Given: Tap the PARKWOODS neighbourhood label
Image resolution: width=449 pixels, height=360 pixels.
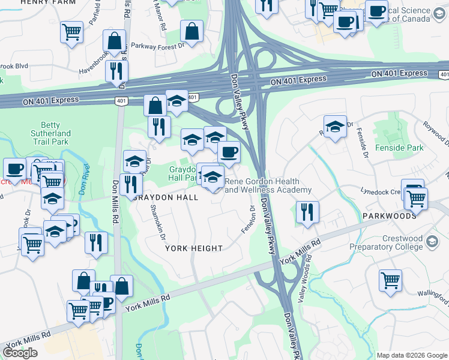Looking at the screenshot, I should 389,215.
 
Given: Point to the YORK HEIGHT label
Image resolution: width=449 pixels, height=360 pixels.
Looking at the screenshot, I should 194,248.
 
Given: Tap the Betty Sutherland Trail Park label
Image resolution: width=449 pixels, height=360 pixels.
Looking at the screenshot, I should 50,133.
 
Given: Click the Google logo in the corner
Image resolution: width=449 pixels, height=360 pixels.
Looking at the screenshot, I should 20,352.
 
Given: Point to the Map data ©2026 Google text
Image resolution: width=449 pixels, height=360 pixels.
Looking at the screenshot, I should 412,355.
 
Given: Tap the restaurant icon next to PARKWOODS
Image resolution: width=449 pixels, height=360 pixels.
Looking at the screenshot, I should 307,212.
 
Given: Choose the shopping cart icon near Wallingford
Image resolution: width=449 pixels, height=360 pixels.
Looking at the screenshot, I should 391,279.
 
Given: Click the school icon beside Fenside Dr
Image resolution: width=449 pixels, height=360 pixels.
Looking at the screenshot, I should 336,126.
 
